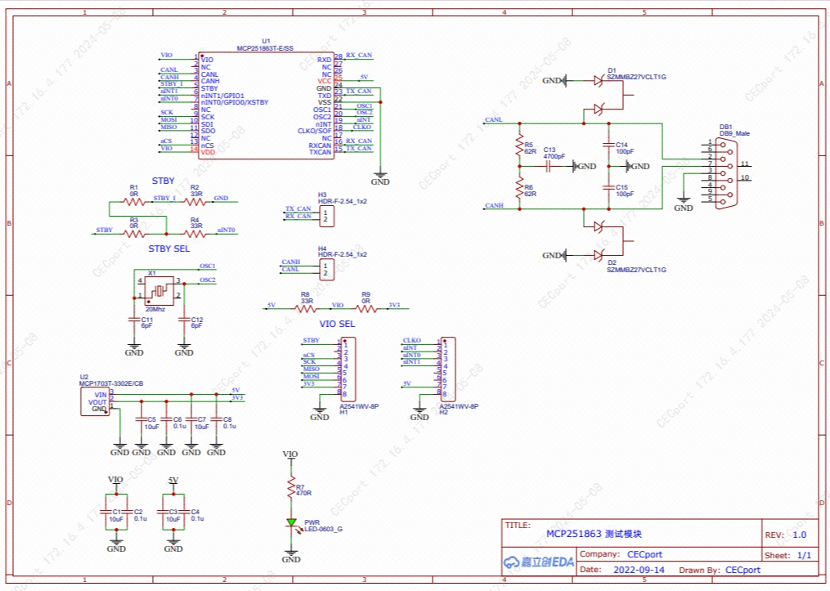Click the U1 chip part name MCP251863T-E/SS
point(264,48)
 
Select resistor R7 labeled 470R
point(290,489)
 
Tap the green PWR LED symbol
point(290,522)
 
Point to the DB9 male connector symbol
point(725,173)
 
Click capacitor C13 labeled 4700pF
point(550,167)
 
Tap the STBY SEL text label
point(168,248)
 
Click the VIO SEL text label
point(337,324)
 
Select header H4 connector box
point(326,269)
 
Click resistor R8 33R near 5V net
point(306,309)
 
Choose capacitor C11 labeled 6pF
point(135,321)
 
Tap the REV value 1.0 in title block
point(798,535)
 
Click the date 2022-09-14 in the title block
point(639,570)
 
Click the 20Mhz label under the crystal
point(155,310)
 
